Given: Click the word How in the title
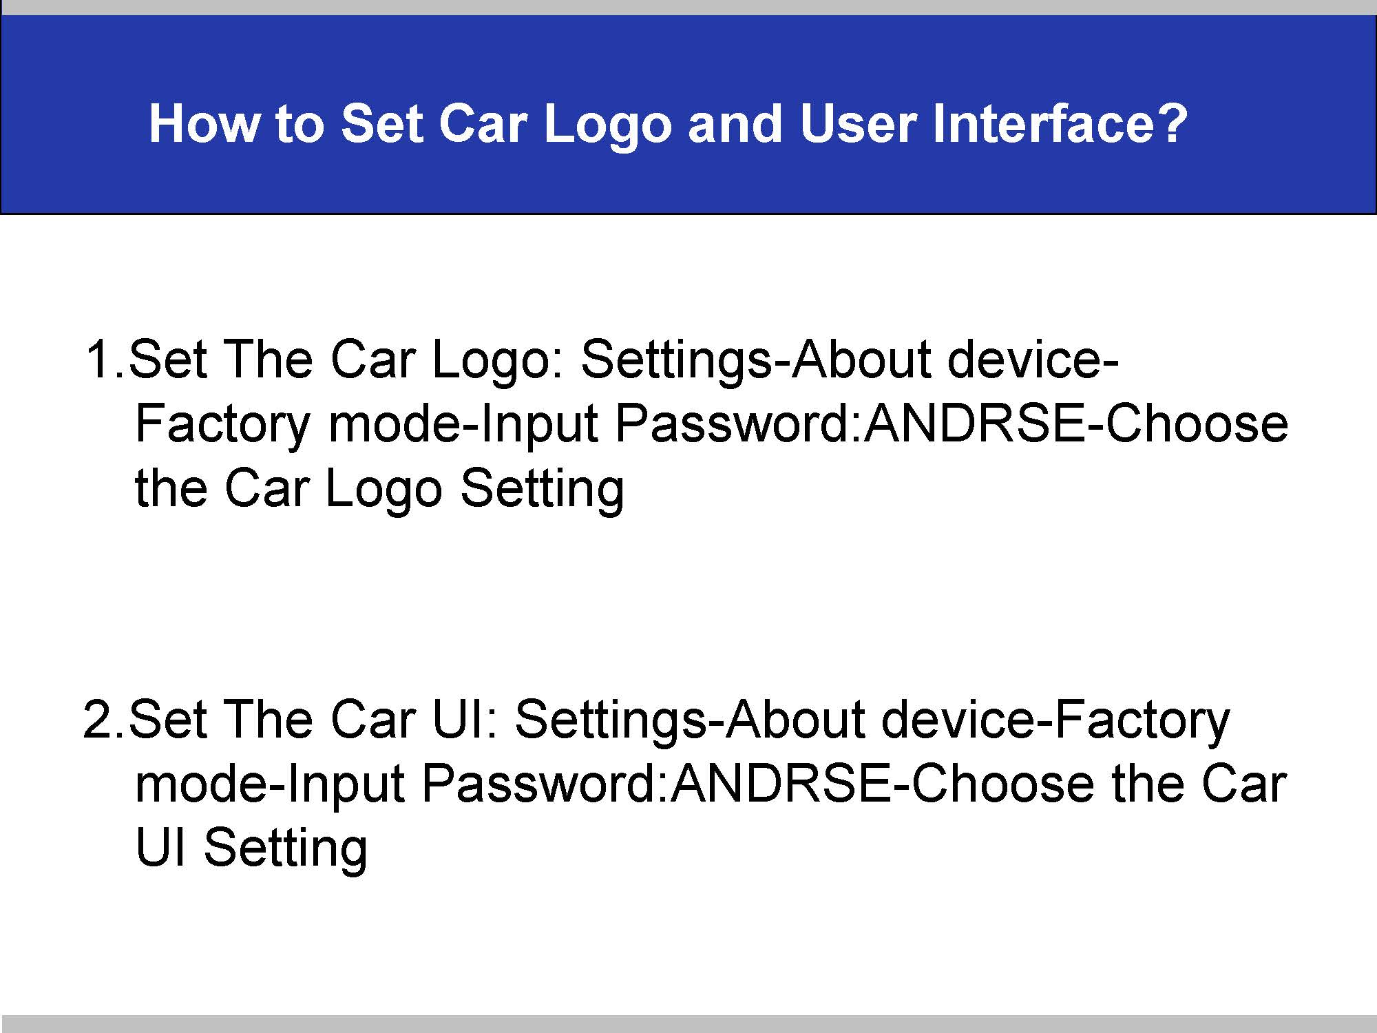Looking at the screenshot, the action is tap(204, 124).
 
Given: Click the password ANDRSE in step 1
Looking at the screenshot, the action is tap(975, 423).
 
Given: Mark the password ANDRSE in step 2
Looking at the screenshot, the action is tap(782, 783).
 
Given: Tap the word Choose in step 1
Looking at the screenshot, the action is tap(1197, 423).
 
